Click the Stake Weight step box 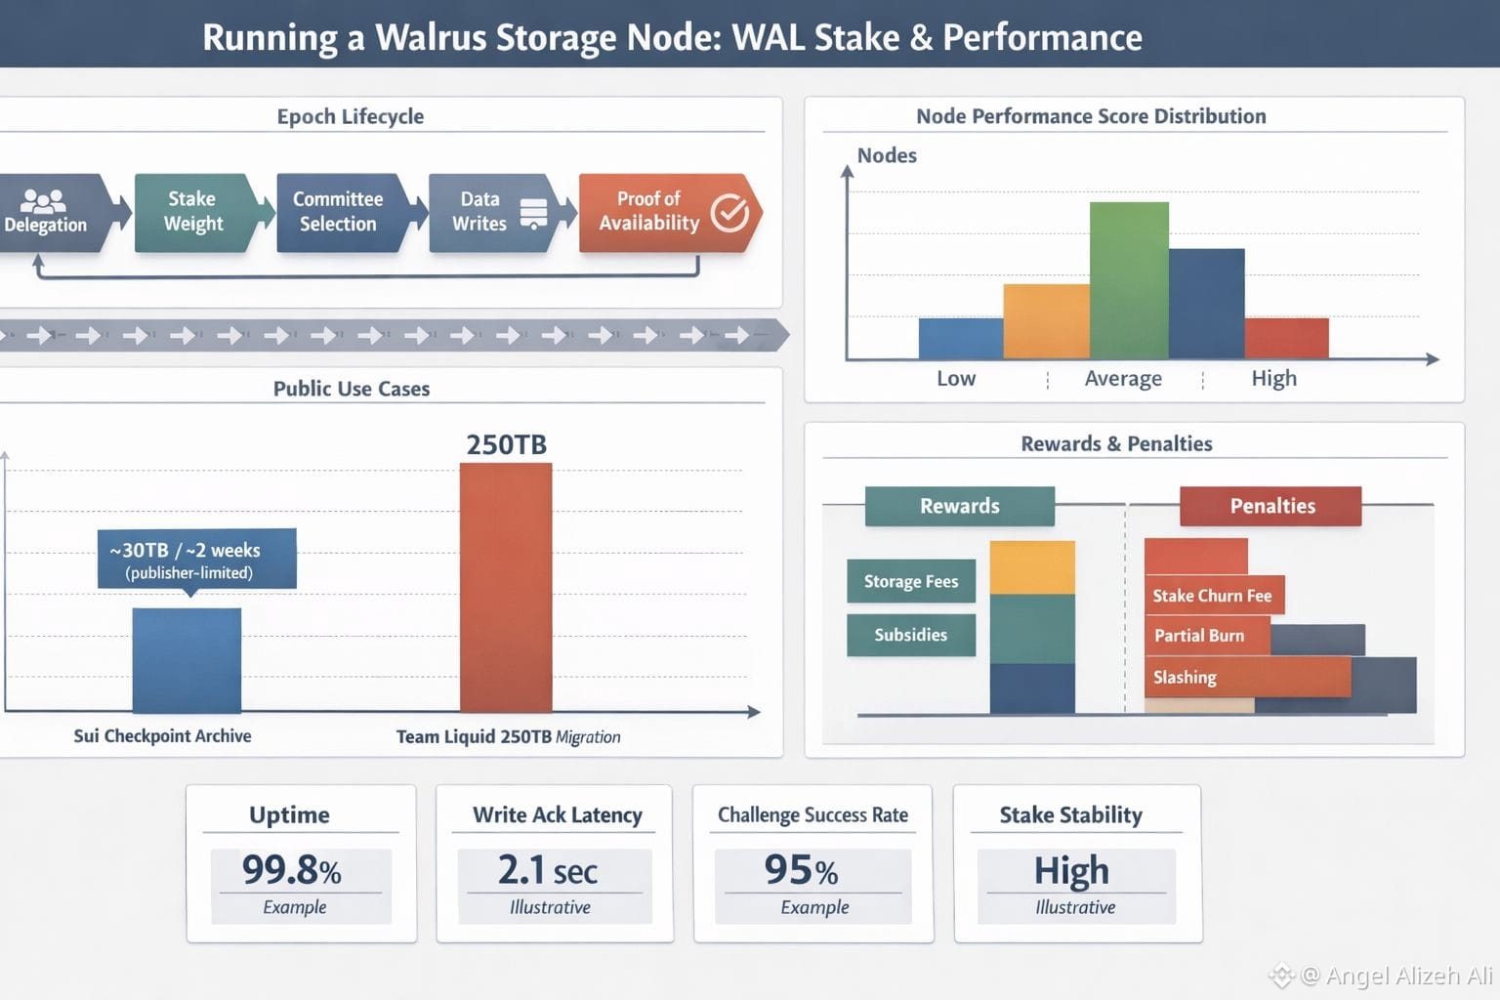click(x=193, y=212)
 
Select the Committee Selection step click(x=338, y=212)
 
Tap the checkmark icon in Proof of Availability click(x=729, y=212)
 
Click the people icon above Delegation click(x=43, y=200)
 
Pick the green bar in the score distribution click(x=1129, y=280)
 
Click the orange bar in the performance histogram click(x=1046, y=321)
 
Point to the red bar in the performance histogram click(x=1286, y=338)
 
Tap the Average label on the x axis click(x=1123, y=379)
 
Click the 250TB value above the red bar click(x=506, y=445)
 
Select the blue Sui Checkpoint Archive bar click(x=187, y=660)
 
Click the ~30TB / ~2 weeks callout click(x=196, y=559)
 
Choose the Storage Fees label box click(x=910, y=582)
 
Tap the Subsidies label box click(x=910, y=636)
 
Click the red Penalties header click(x=1271, y=506)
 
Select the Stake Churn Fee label click(x=1212, y=596)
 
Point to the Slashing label click(x=1185, y=678)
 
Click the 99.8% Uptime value click(x=291, y=870)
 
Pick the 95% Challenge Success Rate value click(x=801, y=870)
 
